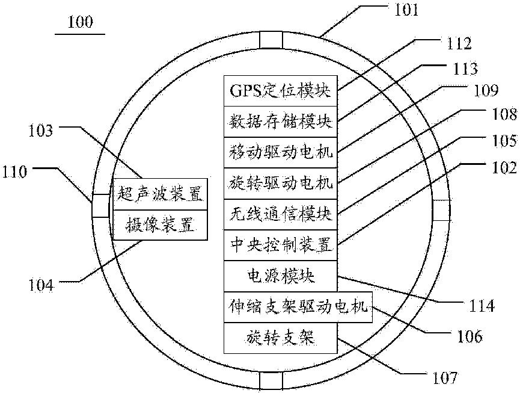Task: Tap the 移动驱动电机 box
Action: point(280,148)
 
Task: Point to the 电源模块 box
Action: point(280,276)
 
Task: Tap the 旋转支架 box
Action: point(280,338)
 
